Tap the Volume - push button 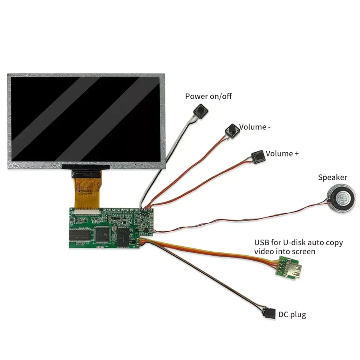click(x=232, y=131)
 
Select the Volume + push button click(x=258, y=156)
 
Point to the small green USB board click(x=290, y=268)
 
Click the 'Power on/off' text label click(x=208, y=96)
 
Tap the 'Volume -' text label click(x=255, y=127)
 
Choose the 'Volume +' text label click(x=282, y=153)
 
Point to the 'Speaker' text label click(x=333, y=177)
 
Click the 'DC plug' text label click(x=292, y=314)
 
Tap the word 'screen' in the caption click(x=303, y=252)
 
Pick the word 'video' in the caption click(x=264, y=252)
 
